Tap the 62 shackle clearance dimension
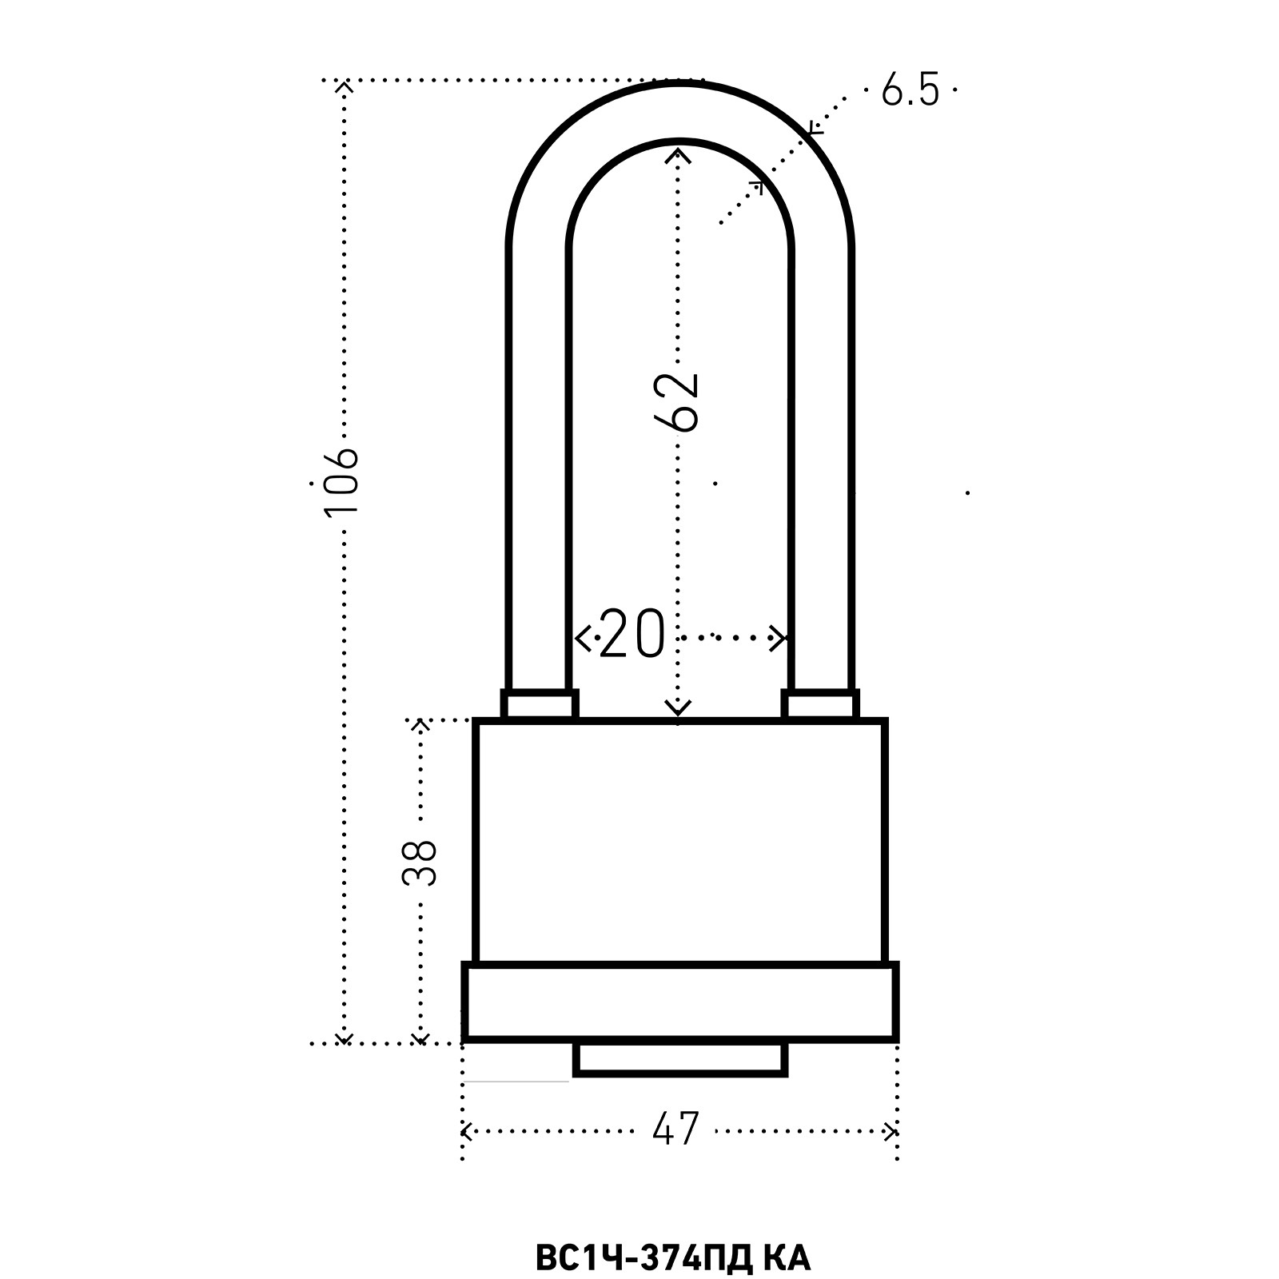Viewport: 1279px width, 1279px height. click(x=676, y=401)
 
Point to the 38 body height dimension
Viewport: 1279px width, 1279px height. click(x=420, y=861)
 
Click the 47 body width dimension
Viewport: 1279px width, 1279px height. click(x=675, y=1130)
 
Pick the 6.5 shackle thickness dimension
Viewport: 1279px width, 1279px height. click(x=910, y=89)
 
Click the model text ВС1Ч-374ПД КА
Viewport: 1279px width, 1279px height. click(x=671, y=1257)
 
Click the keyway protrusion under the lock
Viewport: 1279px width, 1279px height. click(x=680, y=1059)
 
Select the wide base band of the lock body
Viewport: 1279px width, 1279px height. click(x=680, y=1002)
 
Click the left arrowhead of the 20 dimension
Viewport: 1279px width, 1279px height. click(x=581, y=638)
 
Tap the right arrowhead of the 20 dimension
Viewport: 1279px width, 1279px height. click(x=781, y=638)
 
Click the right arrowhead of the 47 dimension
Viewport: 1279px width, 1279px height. click(x=891, y=1130)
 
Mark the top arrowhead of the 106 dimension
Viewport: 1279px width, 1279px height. click(x=344, y=86)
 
